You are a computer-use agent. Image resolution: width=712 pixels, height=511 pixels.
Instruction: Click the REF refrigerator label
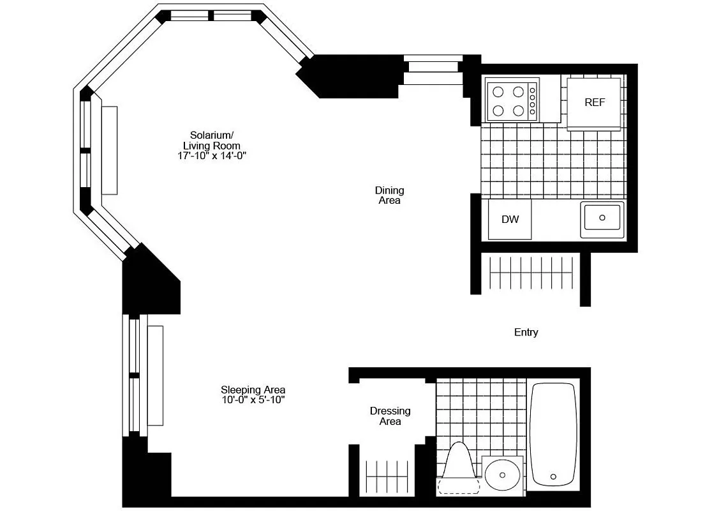click(x=595, y=102)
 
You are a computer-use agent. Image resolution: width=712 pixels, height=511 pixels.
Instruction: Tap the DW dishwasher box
click(x=510, y=220)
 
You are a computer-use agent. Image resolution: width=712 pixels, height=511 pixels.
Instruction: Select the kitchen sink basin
click(x=602, y=219)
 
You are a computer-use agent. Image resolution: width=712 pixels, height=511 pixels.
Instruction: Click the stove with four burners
click(x=512, y=100)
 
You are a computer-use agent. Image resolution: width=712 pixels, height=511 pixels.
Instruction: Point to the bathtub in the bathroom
click(x=553, y=434)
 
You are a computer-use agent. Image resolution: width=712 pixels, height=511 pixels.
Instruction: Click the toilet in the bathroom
click(x=459, y=469)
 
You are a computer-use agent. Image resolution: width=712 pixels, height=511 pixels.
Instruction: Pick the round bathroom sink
click(x=503, y=475)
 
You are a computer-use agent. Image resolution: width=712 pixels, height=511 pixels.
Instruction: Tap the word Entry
click(x=526, y=332)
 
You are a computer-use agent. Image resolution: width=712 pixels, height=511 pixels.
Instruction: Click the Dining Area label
click(x=389, y=195)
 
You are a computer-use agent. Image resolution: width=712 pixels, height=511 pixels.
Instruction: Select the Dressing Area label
click(x=390, y=416)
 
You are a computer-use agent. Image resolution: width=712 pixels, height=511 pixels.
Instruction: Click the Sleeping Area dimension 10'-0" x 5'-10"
click(x=253, y=400)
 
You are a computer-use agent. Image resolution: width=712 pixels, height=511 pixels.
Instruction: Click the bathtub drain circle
click(x=553, y=476)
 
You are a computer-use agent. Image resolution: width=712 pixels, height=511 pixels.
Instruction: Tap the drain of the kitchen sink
click(x=602, y=218)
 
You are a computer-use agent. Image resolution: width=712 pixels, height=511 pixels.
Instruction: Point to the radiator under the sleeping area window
click(x=156, y=376)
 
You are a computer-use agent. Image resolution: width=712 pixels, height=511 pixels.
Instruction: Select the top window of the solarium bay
click(x=212, y=16)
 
